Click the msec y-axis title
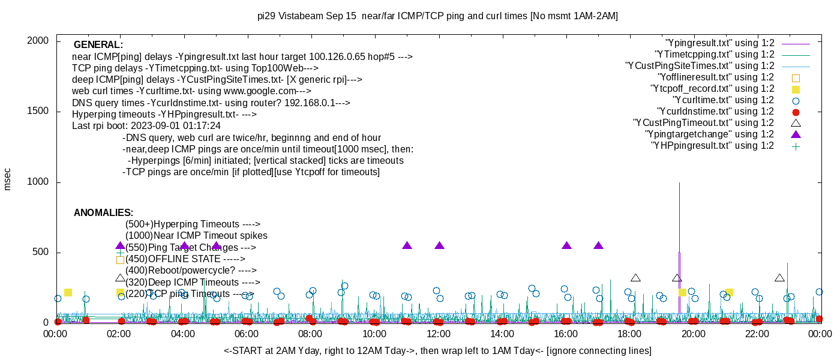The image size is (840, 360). pyautogui.click(x=8, y=179)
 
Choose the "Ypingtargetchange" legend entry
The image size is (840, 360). pyautogui.click(x=710, y=134)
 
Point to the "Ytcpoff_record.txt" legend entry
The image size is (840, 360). pyautogui.click(x=712, y=89)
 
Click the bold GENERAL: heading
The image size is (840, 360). pyautogui.click(x=98, y=45)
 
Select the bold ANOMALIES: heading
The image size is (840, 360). pyautogui.click(x=103, y=213)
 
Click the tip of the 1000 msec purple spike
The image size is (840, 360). pyautogui.click(x=679, y=182)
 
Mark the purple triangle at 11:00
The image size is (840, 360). pyautogui.click(x=407, y=245)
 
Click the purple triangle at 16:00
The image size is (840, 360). pyautogui.click(x=567, y=245)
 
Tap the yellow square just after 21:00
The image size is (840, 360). pyautogui.click(x=729, y=293)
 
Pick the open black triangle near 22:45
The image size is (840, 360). pyautogui.click(x=779, y=278)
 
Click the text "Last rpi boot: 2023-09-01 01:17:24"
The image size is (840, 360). pyautogui.click(x=146, y=126)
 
